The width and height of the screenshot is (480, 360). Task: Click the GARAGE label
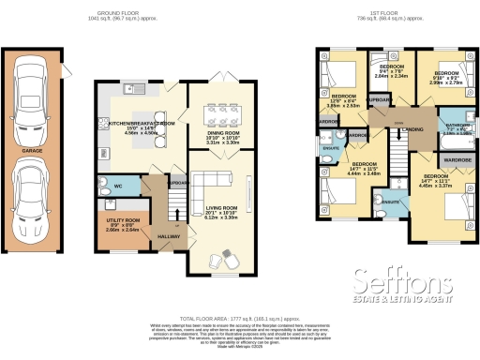33,149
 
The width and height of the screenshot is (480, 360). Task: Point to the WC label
119,187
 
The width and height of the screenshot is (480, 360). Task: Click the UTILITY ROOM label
122,219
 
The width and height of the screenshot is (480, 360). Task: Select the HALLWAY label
169,236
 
